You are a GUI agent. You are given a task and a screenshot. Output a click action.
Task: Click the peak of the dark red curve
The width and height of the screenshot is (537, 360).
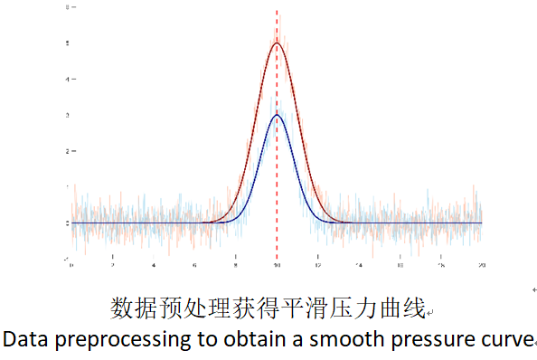[277, 43]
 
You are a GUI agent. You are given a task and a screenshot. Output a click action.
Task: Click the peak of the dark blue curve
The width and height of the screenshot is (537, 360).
[277, 116]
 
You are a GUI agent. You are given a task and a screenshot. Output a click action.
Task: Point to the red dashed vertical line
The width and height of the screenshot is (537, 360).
[277, 181]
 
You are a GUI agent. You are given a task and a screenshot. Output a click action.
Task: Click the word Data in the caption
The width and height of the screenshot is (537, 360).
[23, 339]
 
